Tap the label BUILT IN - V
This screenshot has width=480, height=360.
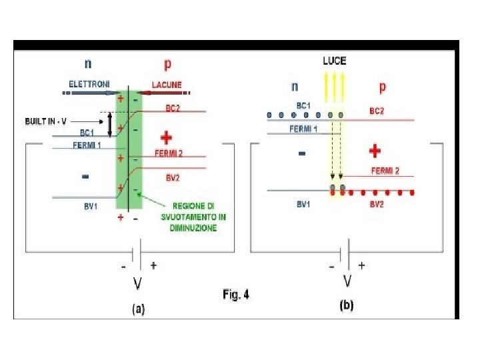point(46,122)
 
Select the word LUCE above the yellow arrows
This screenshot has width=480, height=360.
point(334,60)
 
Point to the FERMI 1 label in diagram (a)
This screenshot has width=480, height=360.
point(86,145)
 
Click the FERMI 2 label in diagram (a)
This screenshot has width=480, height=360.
point(169,153)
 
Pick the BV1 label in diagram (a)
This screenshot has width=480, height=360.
point(91,207)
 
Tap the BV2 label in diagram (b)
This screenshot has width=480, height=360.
point(377,205)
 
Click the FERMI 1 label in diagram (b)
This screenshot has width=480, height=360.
point(303,128)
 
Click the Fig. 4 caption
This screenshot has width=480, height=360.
point(235,294)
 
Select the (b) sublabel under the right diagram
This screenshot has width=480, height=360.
point(347,306)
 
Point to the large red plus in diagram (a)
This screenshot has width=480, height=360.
point(167,138)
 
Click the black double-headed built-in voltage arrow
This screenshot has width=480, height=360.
point(110,122)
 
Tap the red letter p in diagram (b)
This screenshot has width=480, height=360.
point(382,87)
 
